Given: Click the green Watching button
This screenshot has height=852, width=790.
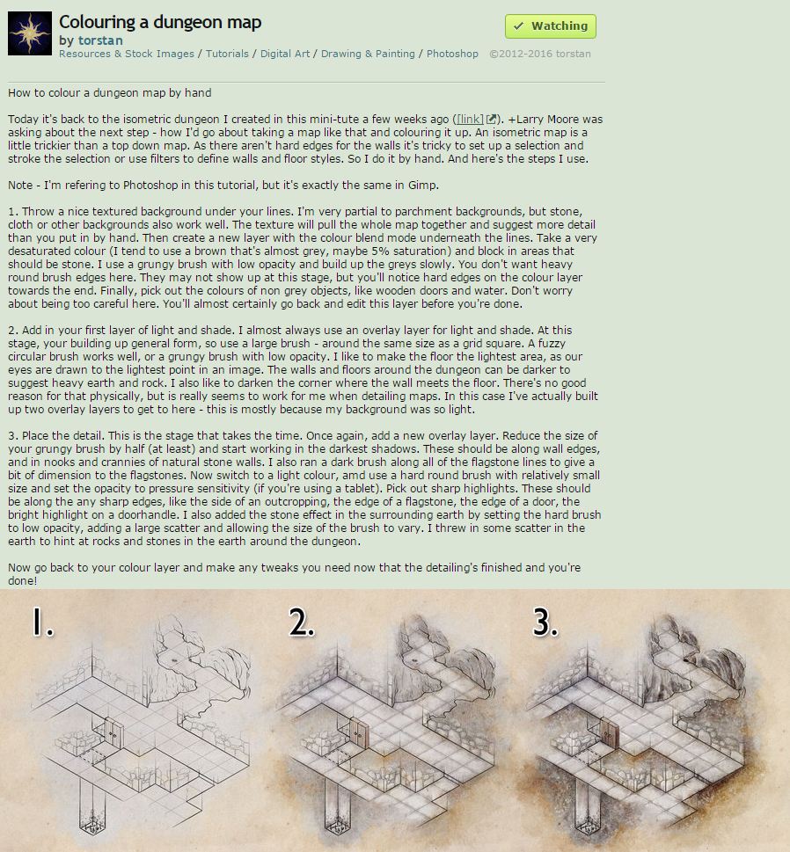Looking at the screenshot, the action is click(550, 26).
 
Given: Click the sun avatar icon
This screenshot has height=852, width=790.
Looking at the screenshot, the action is click(30, 33).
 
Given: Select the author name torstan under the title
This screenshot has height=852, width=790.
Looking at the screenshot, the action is click(100, 40).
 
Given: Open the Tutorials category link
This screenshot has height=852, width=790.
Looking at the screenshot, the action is click(227, 54).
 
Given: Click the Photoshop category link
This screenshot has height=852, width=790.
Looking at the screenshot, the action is click(452, 54).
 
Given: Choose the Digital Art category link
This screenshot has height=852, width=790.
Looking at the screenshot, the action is click(285, 54).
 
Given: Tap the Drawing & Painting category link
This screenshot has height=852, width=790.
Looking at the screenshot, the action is click(368, 54).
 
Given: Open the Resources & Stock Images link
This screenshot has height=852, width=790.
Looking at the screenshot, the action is click(126, 54).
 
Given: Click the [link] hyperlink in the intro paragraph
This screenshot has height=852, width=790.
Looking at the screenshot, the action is click(470, 120).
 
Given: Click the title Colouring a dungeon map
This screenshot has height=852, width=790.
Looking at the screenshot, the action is click(160, 22).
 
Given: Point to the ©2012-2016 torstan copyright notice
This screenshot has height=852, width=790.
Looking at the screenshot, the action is click(540, 54).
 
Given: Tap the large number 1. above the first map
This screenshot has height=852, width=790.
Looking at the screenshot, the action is click(43, 622).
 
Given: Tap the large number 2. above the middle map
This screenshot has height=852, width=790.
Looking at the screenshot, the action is click(302, 622).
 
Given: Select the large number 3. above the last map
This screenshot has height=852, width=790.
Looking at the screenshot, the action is click(545, 622).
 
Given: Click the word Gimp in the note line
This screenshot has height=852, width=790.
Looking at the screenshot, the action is click(423, 186).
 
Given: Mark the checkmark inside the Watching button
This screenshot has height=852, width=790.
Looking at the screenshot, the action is click(519, 26).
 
